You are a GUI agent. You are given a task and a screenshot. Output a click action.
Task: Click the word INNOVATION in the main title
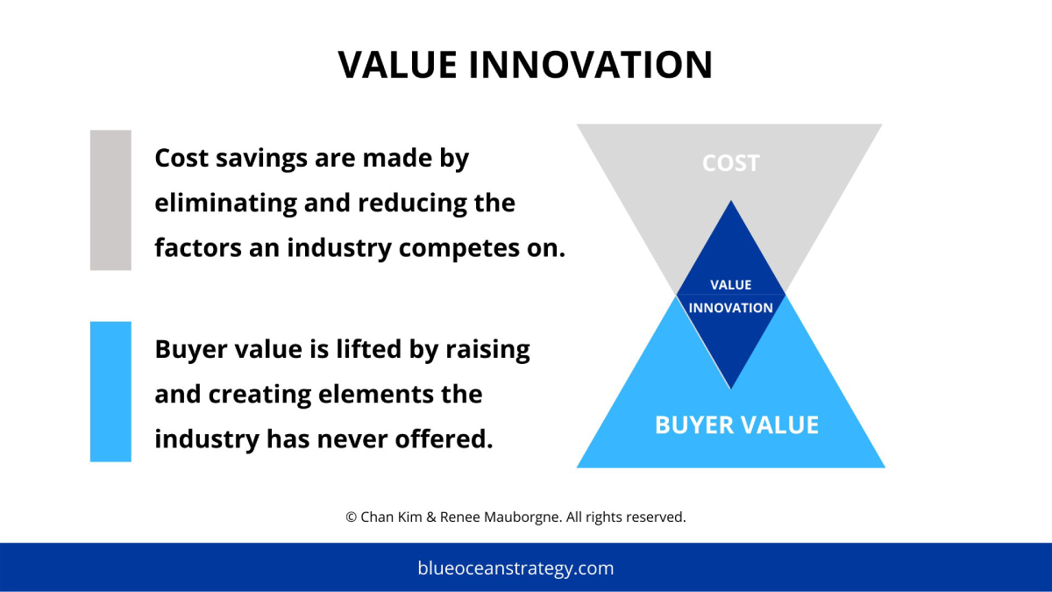click(x=591, y=64)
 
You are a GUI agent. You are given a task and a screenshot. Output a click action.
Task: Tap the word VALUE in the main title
click(x=397, y=64)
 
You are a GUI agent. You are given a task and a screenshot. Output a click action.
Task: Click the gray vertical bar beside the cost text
click(x=110, y=200)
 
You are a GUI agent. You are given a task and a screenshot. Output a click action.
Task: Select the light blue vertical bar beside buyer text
click(x=110, y=391)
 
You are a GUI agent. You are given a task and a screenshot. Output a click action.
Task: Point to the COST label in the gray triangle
click(x=730, y=163)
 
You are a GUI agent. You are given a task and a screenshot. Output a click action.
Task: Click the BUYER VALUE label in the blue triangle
click(x=736, y=424)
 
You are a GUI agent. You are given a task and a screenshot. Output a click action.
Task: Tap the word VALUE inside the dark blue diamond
click(x=730, y=285)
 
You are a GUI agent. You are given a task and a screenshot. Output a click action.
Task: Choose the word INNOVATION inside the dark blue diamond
click(x=730, y=308)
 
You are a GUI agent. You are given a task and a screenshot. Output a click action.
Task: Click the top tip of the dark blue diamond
click(x=731, y=201)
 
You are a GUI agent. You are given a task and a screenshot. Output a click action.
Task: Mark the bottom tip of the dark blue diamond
click(x=731, y=388)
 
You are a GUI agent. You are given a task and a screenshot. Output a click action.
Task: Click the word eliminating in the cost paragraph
click(x=225, y=203)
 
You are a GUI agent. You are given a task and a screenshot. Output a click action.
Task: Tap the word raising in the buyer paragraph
click(x=487, y=350)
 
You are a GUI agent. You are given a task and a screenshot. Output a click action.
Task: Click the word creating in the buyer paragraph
click(x=259, y=395)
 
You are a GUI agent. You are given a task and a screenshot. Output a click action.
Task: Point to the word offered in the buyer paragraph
click(x=444, y=439)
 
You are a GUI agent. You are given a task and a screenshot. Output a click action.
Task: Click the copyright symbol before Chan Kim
click(x=351, y=517)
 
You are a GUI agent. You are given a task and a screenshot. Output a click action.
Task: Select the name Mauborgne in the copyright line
click(x=522, y=517)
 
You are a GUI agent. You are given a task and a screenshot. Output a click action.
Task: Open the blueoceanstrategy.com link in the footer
click(x=515, y=568)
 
